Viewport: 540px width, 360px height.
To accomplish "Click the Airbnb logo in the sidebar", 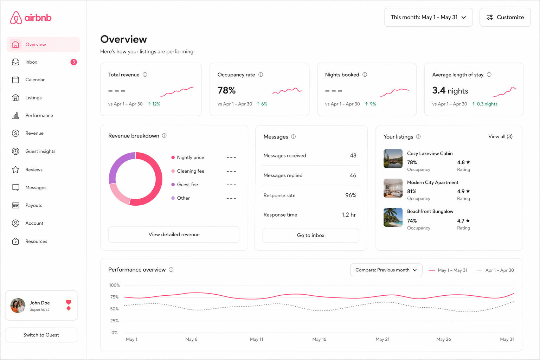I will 31,18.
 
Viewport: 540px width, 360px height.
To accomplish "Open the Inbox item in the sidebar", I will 31,62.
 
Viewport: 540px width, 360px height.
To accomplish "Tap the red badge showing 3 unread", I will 73,62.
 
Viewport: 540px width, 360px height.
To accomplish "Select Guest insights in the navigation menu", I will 40,152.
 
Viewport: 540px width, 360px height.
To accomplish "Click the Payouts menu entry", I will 33,205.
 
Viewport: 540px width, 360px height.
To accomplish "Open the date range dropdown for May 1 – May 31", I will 428,17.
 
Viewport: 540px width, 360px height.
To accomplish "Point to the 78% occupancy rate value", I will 226,91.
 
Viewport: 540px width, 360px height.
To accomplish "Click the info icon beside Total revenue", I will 145,75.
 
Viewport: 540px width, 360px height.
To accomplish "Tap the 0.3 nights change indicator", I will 485,104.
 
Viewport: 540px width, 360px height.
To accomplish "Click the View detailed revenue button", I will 174,234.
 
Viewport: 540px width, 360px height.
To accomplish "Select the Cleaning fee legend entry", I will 190,171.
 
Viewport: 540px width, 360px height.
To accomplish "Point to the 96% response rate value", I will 351,195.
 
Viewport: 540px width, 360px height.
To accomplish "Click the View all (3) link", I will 500,136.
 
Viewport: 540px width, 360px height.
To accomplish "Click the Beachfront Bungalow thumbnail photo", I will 393,217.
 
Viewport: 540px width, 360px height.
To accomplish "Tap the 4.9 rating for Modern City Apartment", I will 463,191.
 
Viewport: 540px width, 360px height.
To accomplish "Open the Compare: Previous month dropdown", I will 386,270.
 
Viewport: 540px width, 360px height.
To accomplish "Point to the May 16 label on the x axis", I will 319,339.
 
